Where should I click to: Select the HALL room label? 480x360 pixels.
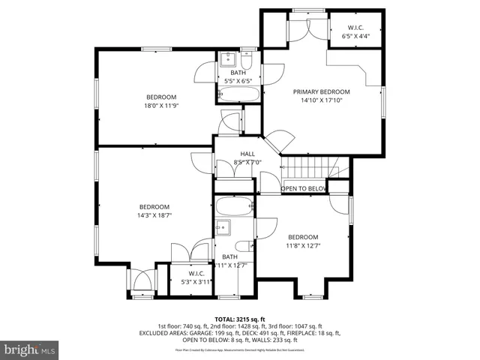coord(237,154)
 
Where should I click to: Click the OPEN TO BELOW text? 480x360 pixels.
coord(303,189)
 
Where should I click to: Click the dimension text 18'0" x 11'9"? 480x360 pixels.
coord(160,106)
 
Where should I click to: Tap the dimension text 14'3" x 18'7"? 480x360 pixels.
coord(154,216)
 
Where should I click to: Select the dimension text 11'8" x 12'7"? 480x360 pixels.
coord(303,244)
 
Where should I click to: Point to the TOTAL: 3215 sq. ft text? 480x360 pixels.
coord(240,319)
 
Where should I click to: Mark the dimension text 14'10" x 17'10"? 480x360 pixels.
coord(321,100)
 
